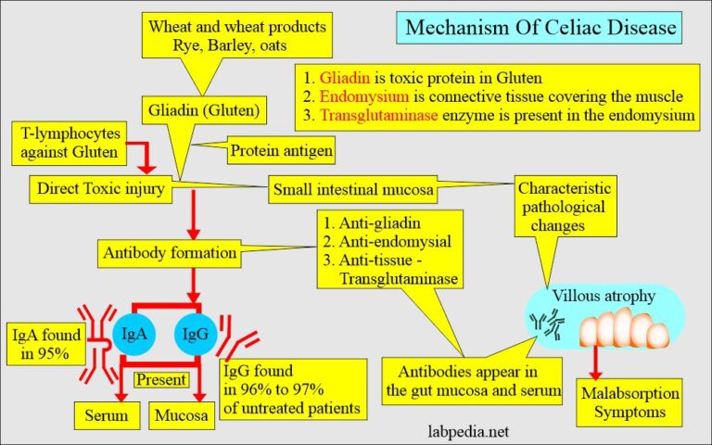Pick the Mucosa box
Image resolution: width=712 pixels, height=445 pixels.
182,415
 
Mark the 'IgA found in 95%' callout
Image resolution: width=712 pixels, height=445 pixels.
45,343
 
